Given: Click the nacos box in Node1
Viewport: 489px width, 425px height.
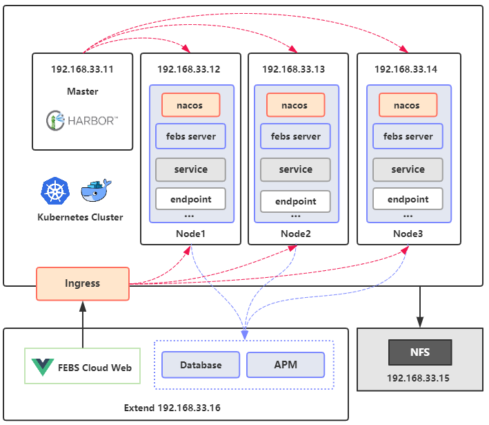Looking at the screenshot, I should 191,105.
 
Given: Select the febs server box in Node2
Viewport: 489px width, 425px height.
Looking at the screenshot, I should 295,136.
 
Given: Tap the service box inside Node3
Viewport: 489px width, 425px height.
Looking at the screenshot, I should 408,169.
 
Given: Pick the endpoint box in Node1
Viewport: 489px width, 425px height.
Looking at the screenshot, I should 191,199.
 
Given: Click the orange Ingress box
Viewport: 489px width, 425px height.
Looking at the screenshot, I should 83,283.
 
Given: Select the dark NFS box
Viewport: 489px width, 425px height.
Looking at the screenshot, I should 419,352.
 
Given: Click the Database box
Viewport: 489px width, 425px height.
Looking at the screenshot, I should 201,365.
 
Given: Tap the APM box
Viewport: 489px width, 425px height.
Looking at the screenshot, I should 285,365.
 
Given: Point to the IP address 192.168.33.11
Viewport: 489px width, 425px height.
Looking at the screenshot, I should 82,70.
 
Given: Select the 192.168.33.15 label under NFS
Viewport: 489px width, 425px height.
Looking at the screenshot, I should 419,379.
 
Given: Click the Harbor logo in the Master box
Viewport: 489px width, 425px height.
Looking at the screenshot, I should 82,121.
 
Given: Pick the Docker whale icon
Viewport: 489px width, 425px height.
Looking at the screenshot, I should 95,191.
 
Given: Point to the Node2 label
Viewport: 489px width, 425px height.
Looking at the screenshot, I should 296,234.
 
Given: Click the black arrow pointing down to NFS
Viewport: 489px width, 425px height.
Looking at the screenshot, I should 419,308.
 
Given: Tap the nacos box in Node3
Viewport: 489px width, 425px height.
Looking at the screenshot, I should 407,105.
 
